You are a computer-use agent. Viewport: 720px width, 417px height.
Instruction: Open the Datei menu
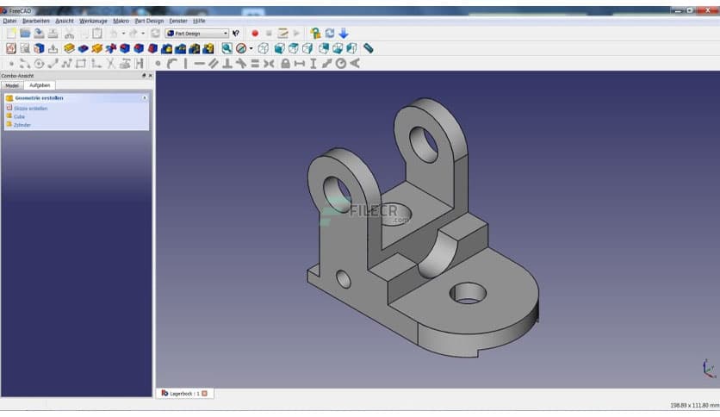(x=9, y=20)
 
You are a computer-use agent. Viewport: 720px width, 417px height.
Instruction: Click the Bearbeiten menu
(x=35, y=20)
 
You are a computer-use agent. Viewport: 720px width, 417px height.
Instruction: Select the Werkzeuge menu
(x=93, y=20)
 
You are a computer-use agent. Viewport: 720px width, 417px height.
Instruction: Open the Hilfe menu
(x=199, y=20)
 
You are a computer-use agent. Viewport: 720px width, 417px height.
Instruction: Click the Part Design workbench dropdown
(x=197, y=34)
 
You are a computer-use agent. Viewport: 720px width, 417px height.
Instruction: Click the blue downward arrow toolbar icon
(x=344, y=34)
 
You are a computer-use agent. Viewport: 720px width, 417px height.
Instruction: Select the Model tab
(x=12, y=85)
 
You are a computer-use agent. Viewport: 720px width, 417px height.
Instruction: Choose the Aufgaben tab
(x=40, y=85)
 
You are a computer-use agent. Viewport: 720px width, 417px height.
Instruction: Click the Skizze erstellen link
(x=31, y=109)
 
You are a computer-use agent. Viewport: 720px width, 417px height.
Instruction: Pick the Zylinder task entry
(x=23, y=125)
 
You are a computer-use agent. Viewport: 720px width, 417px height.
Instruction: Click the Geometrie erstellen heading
(x=39, y=98)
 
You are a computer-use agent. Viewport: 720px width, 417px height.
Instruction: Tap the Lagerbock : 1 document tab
(x=184, y=393)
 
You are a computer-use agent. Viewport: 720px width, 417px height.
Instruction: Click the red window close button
(x=711, y=10)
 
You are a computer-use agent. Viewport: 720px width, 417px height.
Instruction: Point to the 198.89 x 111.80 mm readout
(x=693, y=405)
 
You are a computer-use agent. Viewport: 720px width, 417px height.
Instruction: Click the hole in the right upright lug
(x=423, y=143)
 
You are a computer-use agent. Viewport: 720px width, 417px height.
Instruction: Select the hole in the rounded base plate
(x=468, y=293)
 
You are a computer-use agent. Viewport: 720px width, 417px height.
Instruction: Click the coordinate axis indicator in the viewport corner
(x=708, y=369)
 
